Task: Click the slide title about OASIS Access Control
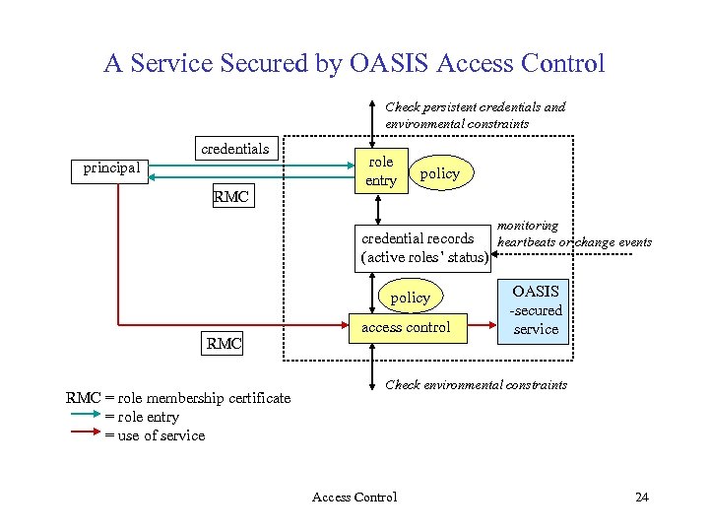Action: pyautogui.click(x=354, y=64)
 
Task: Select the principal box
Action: pyautogui.click(x=111, y=168)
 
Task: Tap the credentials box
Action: pyautogui.click(x=234, y=149)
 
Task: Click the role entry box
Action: pyautogui.click(x=380, y=170)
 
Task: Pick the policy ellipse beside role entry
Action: pyautogui.click(x=439, y=173)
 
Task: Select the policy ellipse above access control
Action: pyautogui.click(x=410, y=297)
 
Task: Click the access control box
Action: pyautogui.click(x=406, y=327)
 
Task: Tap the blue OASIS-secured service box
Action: pyautogui.click(x=536, y=310)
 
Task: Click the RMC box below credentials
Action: pyautogui.click(x=230, y=197)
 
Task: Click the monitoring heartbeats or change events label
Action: pyautogui.click(x=574, y=233)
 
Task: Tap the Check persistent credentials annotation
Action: pyautogui.click(x=475, y=115)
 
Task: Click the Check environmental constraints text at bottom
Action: pyautogui.click(x=476, y=384)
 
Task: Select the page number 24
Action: pyautogui.click(x=641, y=497)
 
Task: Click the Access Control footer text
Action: pyautogui.click(x=354, y=497)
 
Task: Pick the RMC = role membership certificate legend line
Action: pyautogui.click(x=178, y=398)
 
